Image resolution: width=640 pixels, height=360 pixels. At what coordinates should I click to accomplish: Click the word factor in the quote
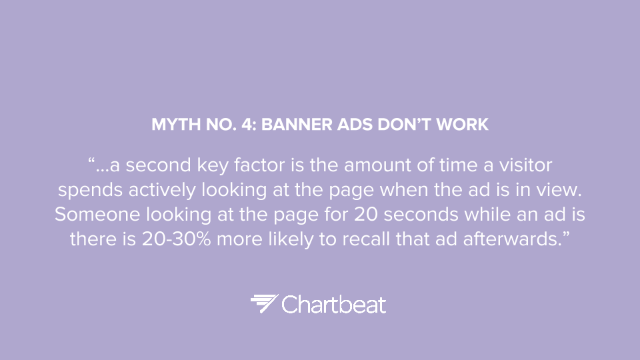pos(259,165)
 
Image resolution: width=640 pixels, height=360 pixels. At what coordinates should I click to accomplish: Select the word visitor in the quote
pos(526,165)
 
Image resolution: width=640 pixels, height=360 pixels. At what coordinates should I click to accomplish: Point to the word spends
pos(90,191)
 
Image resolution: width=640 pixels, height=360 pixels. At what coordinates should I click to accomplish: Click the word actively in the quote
pos(162,191)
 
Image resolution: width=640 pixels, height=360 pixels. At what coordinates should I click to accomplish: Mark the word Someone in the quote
pos(97,214)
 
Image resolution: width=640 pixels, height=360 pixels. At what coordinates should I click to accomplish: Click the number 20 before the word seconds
pos(366,214)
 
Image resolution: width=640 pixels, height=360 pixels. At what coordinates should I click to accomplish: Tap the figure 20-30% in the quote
pos(176,239)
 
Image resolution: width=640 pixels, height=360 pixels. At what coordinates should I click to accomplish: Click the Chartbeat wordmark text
pos(334,305)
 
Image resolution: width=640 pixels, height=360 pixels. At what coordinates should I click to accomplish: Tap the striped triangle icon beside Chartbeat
pos(264,303)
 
